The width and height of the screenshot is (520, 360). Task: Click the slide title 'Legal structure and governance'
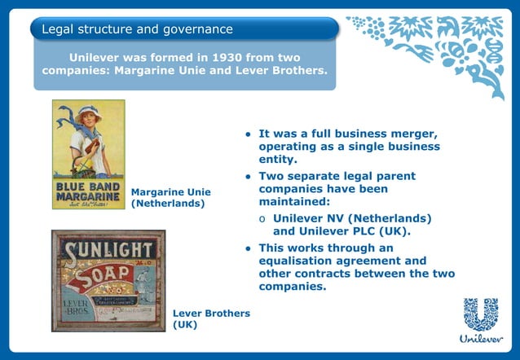pos(137,29)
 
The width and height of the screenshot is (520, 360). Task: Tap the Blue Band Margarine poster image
pos(88,155)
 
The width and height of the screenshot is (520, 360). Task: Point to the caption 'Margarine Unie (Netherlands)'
pos(170,197)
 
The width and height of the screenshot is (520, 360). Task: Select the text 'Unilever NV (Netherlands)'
pos(352,218)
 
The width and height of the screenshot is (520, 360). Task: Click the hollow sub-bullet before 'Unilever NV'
pos(262,219)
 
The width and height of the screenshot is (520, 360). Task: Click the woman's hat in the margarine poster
pos(87,112)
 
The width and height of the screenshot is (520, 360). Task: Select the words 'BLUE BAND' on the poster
pos(88,186)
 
